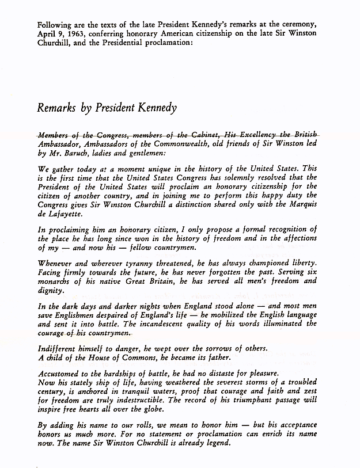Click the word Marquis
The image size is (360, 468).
point(299,199)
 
